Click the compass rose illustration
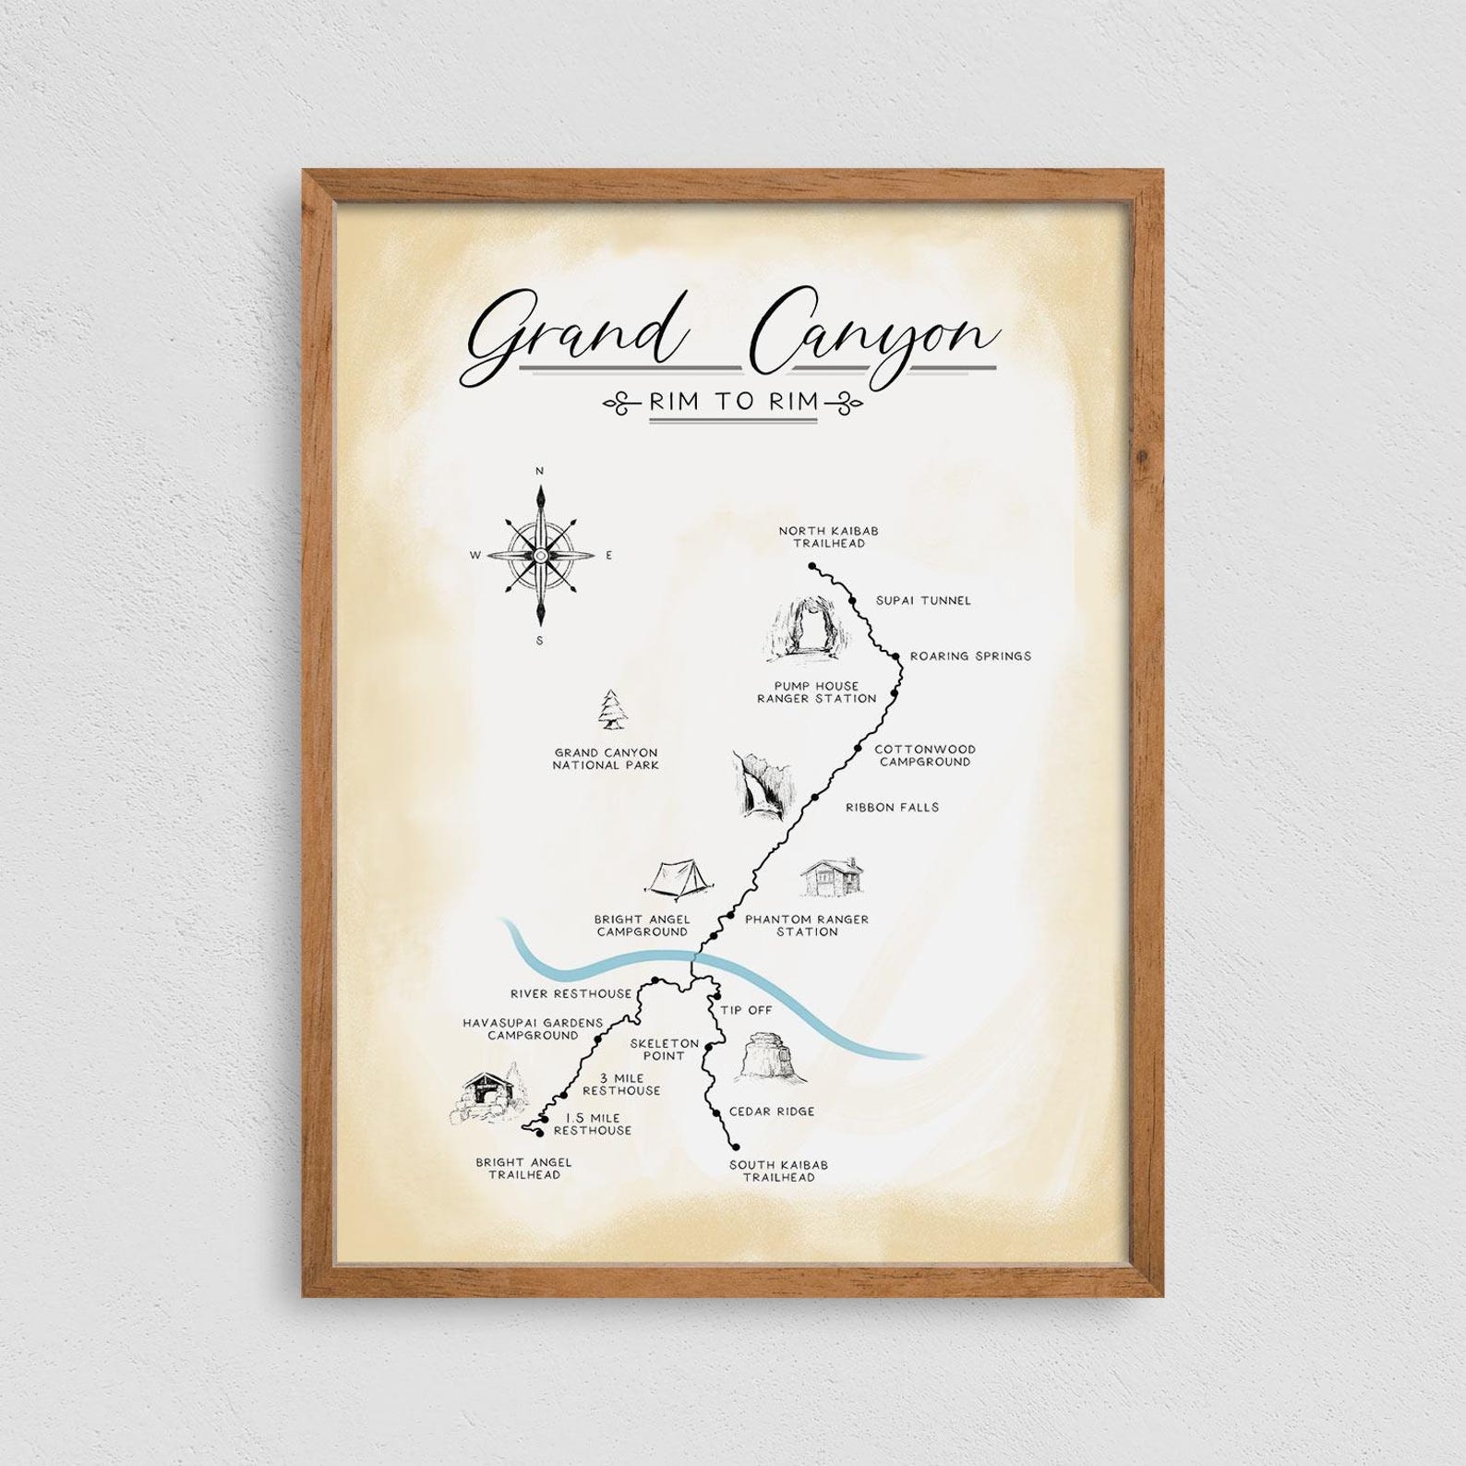[540, 555]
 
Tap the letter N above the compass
[540, 472]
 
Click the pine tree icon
[609, 712]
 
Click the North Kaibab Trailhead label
[822, 537]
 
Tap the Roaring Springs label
[970, 656]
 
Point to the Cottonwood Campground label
[924, 756]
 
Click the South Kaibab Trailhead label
[778, 1172]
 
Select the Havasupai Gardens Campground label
[534, 1029]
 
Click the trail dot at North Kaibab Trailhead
[812, 566]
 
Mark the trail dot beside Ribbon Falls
[815, 797]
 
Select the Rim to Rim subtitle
[734, 402]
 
